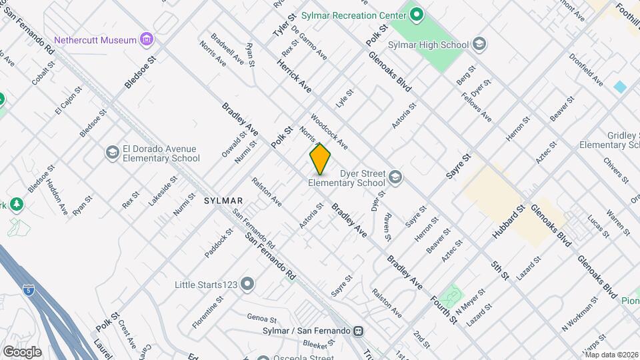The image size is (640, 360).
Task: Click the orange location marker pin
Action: pos(320,159)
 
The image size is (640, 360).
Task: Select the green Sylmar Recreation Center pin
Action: pos(417,15)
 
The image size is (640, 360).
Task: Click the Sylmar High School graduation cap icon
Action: pos(479,45)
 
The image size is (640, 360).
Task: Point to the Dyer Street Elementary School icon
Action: pos(395,177)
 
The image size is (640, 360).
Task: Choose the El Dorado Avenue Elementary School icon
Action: pos(112,153)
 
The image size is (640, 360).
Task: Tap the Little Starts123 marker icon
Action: pos(248,285)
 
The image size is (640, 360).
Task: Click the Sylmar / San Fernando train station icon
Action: pos(359,331)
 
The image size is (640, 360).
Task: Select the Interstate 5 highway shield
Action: pos(27,290)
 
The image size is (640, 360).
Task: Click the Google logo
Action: pos(22,351)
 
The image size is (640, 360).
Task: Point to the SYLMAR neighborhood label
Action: pos(223,200)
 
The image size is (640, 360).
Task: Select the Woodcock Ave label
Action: pos(329,131)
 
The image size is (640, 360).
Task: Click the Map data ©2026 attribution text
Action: pos(611,355)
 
